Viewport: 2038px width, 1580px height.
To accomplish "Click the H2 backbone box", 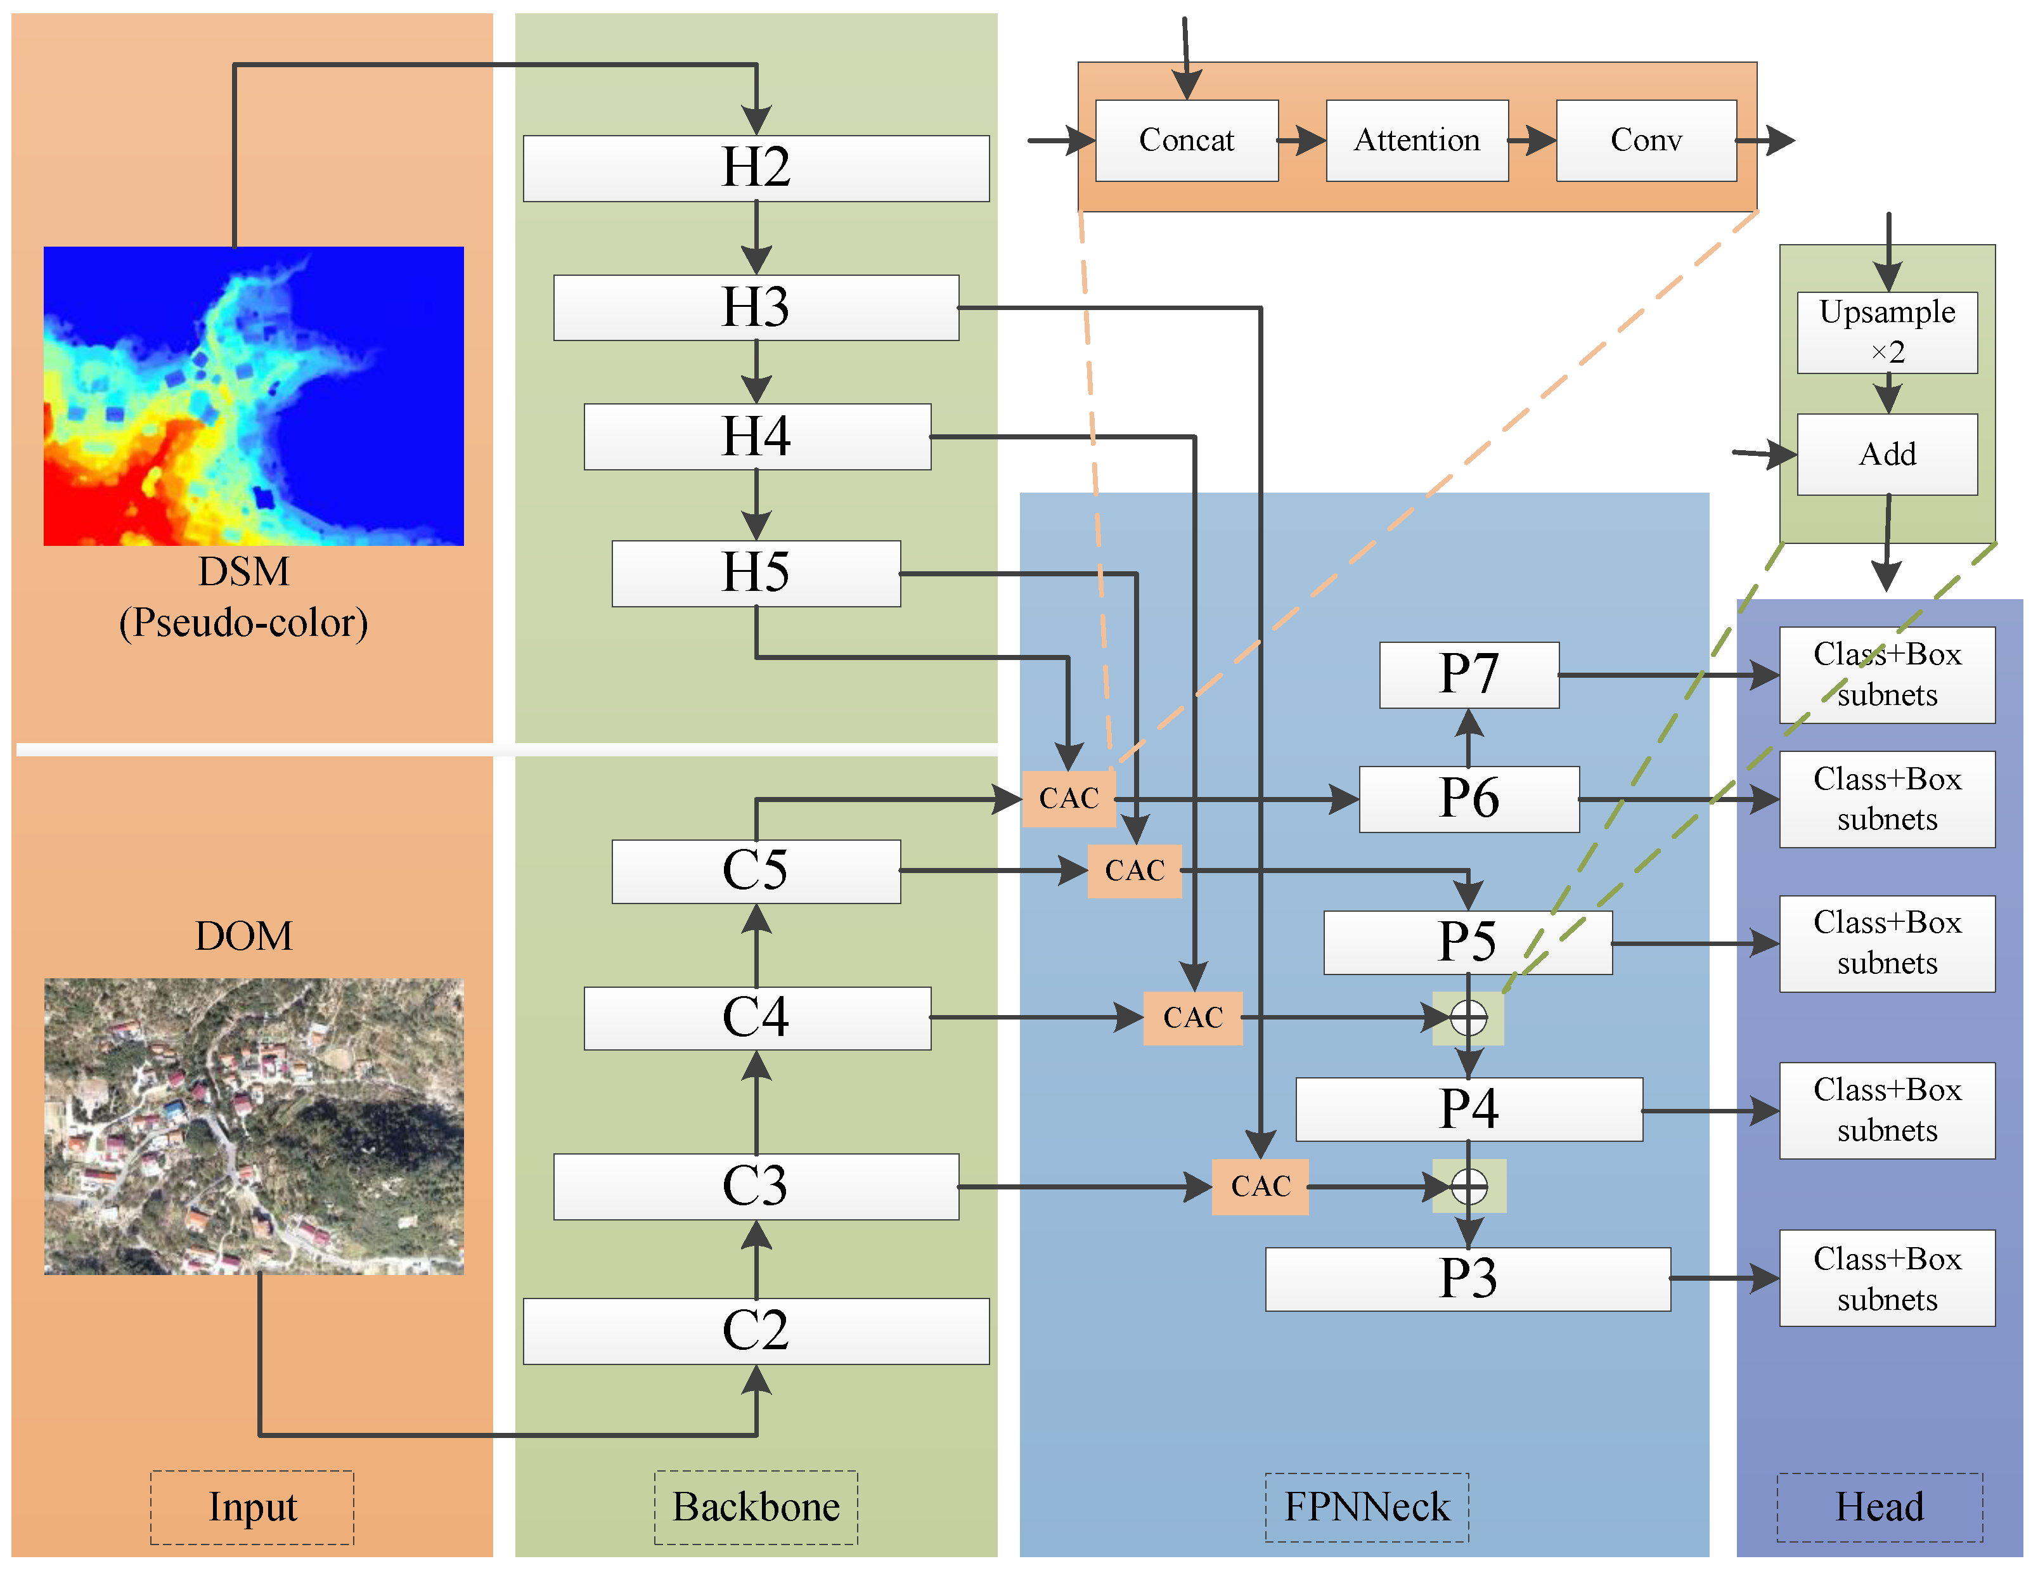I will pyautogui.click(x=756, y=168).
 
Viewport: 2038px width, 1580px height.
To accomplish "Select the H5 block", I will pyautogui.click(x=756, y=573).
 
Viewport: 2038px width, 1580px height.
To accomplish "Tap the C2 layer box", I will pyautogui.click(x=756, y=1331).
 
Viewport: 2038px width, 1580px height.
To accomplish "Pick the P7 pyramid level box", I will pyautogui.click(x=1469, y=675).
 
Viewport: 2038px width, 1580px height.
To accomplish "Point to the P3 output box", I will pyautogui.click(x=1467, y=1279).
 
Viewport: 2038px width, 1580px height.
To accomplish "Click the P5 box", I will pyautogui.click(x=1467, y=943).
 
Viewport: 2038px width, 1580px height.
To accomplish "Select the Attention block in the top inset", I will pyautogui.click(x=1417, y=141).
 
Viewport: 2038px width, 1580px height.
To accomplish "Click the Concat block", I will pyautogui.click(x=1186, y=141).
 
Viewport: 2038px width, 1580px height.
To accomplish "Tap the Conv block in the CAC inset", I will pyautogui.click(x=1646, y=141).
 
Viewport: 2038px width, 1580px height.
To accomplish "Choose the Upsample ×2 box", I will pyautogui.click(x=1887, y=332).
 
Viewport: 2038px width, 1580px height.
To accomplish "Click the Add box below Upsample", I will pyautogui.click(x=1887, y=455).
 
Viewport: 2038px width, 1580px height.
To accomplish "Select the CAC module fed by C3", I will pyautogui.click(x=1260, y=1186).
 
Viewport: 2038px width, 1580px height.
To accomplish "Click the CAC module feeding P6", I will pyautogui.click(x=1069, y=799).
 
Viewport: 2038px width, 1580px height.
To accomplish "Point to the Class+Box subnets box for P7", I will pyautogui.click(x=1887, y=675).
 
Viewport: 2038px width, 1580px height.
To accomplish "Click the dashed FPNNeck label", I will pyautogui.click(x=1366, y=1507).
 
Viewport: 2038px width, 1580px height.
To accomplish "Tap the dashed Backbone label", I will pyautogui.click(x=756, y=1507).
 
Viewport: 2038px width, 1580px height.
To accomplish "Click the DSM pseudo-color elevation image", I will pyautogui.click(x=253, y=396).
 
